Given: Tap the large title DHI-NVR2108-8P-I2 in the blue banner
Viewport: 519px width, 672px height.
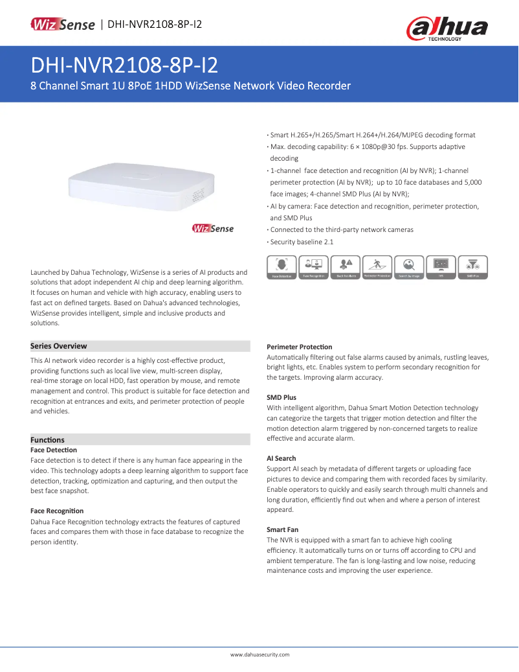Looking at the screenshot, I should [x=124, y=65].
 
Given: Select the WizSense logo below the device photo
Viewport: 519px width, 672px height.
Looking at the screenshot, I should [x=213, y=228].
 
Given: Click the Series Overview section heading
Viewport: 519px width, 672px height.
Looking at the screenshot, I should [x=59, y=346].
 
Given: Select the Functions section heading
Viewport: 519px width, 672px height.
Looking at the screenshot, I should [x=48, y=440].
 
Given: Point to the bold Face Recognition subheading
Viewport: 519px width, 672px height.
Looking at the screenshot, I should [x=57, y=511].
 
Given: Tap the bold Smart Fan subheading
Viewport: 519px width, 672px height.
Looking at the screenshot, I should [x=282, y=529].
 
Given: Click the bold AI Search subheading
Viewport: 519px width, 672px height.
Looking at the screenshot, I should [x=282, y=458].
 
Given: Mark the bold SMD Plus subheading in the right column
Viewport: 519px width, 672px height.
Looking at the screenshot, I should [x=282, y=397].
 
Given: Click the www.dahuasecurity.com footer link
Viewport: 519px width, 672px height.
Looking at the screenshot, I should [x=260, y=655].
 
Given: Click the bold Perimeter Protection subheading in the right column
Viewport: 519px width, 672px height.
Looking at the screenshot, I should [x=299, y=347].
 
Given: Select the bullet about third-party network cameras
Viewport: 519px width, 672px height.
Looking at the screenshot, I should [x=342, y=229].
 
